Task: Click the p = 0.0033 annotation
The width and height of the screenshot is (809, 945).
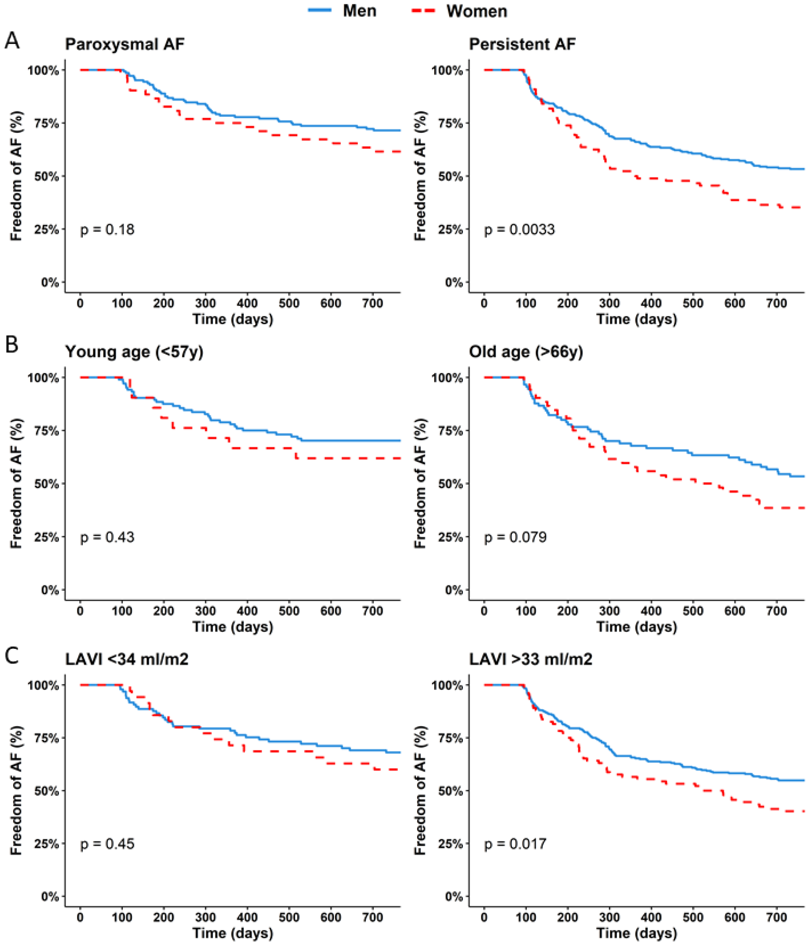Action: point(519,229)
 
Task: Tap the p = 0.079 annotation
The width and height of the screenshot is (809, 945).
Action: point(515,537)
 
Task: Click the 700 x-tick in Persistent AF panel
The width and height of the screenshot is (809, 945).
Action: point(777,303)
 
